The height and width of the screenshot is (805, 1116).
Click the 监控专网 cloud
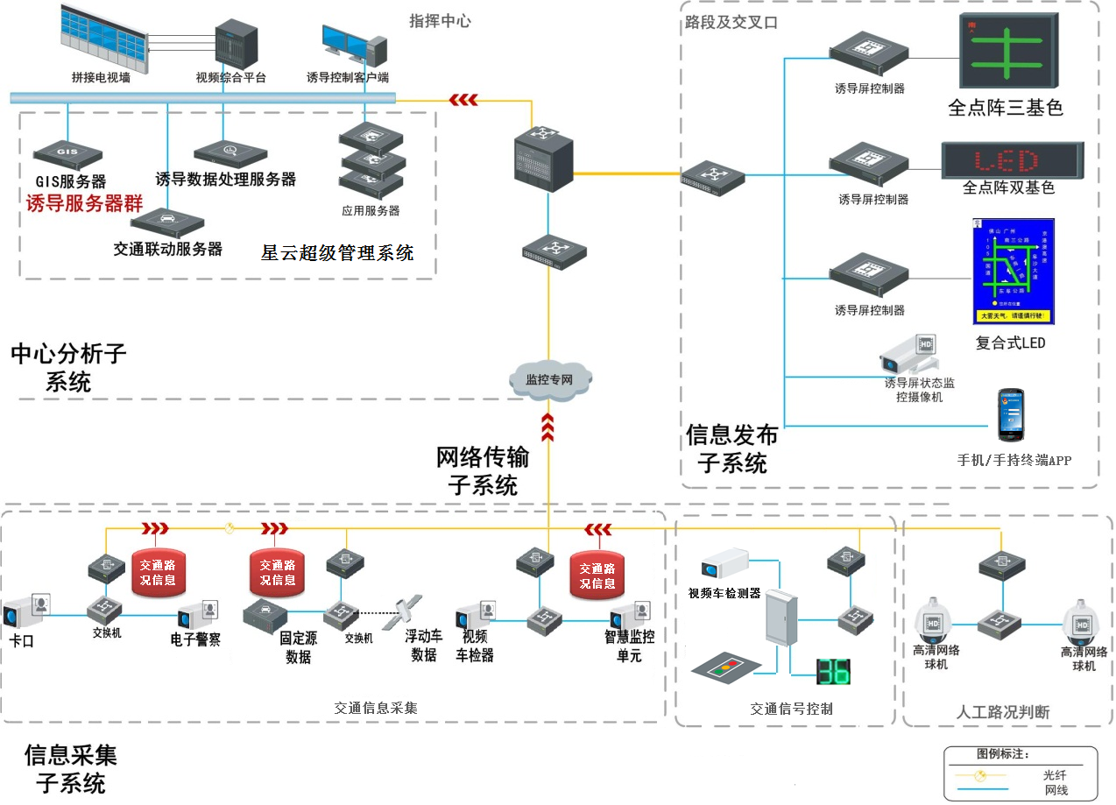pyautogui.click(x=549, y=378)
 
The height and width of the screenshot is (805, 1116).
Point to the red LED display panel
pyautogui.click(x=1011, y=160)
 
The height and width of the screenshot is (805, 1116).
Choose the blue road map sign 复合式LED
pyautogui.click(x=1014, y=272)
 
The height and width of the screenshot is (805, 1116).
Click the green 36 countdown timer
pyautogui.click(x=833, y=672)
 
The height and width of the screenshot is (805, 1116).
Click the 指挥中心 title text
pyautogui.click(x=440, y=20)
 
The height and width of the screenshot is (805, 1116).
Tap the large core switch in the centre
pyautogui.click(x=542, y=158)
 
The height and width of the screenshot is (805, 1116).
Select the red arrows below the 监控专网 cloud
pyautogui.click(x=548, y=427)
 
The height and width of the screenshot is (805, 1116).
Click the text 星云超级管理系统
pyautogui.click(x=337, y=253)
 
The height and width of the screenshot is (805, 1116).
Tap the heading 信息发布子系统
pyautogui.click(x=731, y=448)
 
